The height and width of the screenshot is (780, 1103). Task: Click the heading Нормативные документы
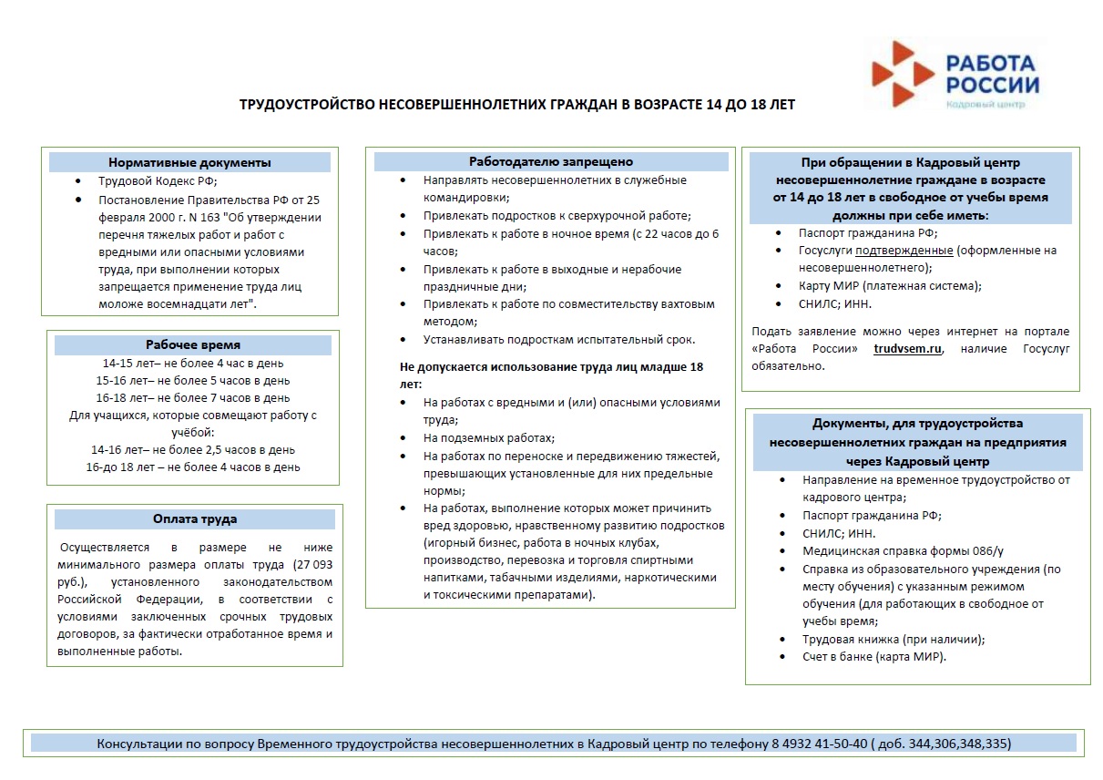[189, 163]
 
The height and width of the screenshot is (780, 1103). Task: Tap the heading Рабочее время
[193, 345]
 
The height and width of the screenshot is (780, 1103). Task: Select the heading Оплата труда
[195, 519]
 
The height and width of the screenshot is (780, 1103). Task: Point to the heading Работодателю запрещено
[551, 162]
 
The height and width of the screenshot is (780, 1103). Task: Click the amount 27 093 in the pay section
[310, 565]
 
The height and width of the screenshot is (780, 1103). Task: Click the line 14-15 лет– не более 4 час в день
[193, 363]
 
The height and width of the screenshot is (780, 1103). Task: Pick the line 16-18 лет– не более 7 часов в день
[193, 397]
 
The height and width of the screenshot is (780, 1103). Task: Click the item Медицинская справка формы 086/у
[903, 551]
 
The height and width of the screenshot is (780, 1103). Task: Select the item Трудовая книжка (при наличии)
[894, 639]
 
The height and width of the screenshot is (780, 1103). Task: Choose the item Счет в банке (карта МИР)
[874, 656]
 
